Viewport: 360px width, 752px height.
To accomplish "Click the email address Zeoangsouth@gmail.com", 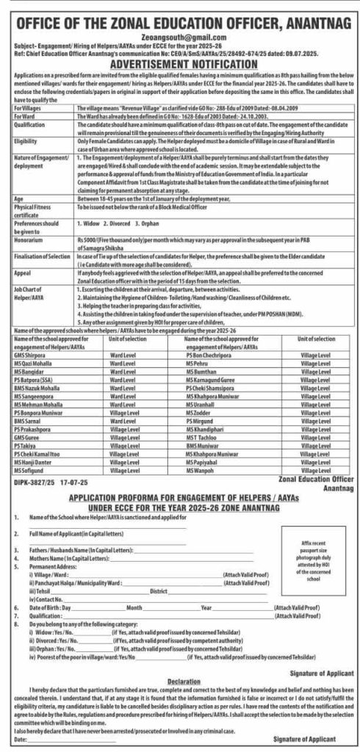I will click(x=179, y=35).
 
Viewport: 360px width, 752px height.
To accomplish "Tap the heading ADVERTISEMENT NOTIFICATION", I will click(x=179, y=64).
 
